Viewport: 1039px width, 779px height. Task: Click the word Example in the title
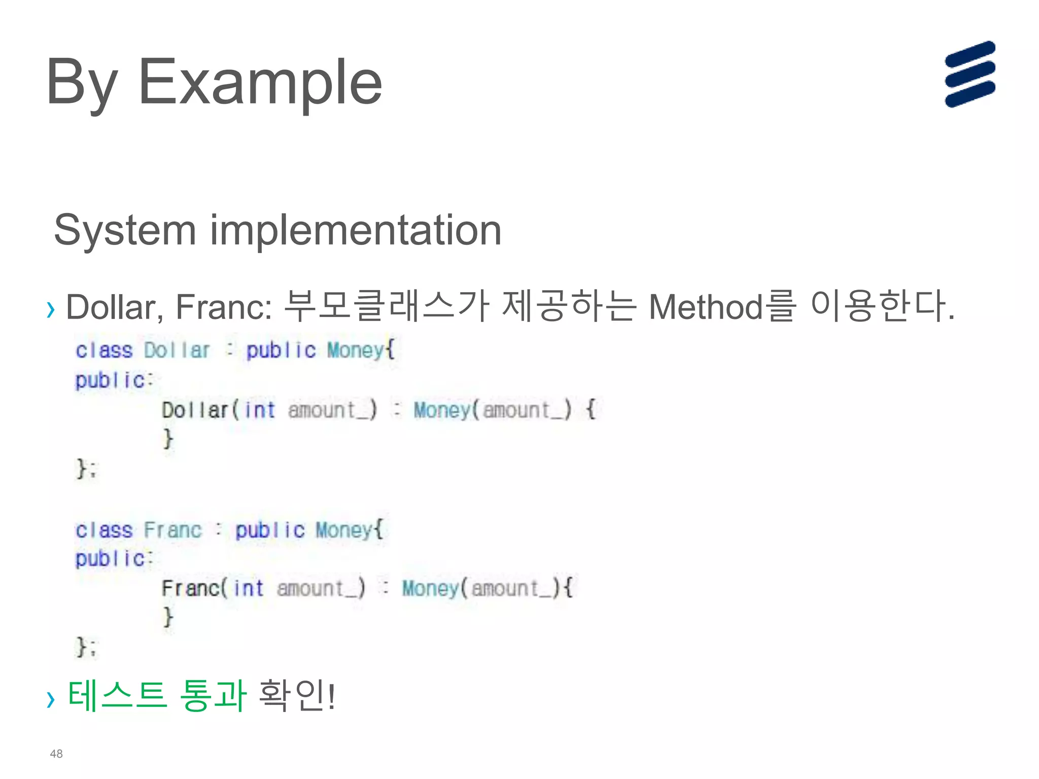coord(260,82)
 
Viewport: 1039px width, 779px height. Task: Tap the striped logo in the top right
coord(970,74)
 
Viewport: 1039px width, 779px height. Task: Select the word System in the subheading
coord(125,231)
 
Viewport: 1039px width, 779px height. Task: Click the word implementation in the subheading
coord(356,230)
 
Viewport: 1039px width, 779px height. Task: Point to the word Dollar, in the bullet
coord(115,307)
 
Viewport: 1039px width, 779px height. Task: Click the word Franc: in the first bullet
coord(224,307)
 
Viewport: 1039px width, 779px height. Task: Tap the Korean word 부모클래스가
coord(386,306)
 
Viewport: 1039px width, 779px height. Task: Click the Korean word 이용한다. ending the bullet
coord(882,306)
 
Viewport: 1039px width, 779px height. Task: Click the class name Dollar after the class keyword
coord(177,350)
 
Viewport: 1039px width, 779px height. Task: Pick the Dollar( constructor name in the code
coord(200,410)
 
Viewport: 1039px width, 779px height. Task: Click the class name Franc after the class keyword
coord(172,530)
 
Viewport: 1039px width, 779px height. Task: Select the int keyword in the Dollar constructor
coord(260,410)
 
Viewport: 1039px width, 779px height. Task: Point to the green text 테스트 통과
coord(157,695)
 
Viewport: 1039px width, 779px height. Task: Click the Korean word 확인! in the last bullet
coord(297,695)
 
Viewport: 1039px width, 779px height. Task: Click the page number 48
coord(56,754)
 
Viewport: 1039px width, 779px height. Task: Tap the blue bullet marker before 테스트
coord(50,700)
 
